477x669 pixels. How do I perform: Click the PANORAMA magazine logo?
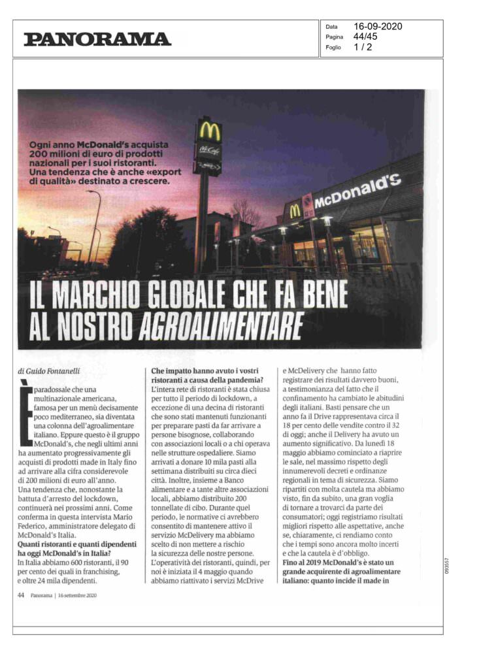[x=97, y=39]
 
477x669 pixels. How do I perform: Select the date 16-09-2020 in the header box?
[x=378, y=27]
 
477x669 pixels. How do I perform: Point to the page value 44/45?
[x=365, y=37]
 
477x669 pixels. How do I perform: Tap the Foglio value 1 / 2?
[x=363, y=47]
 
